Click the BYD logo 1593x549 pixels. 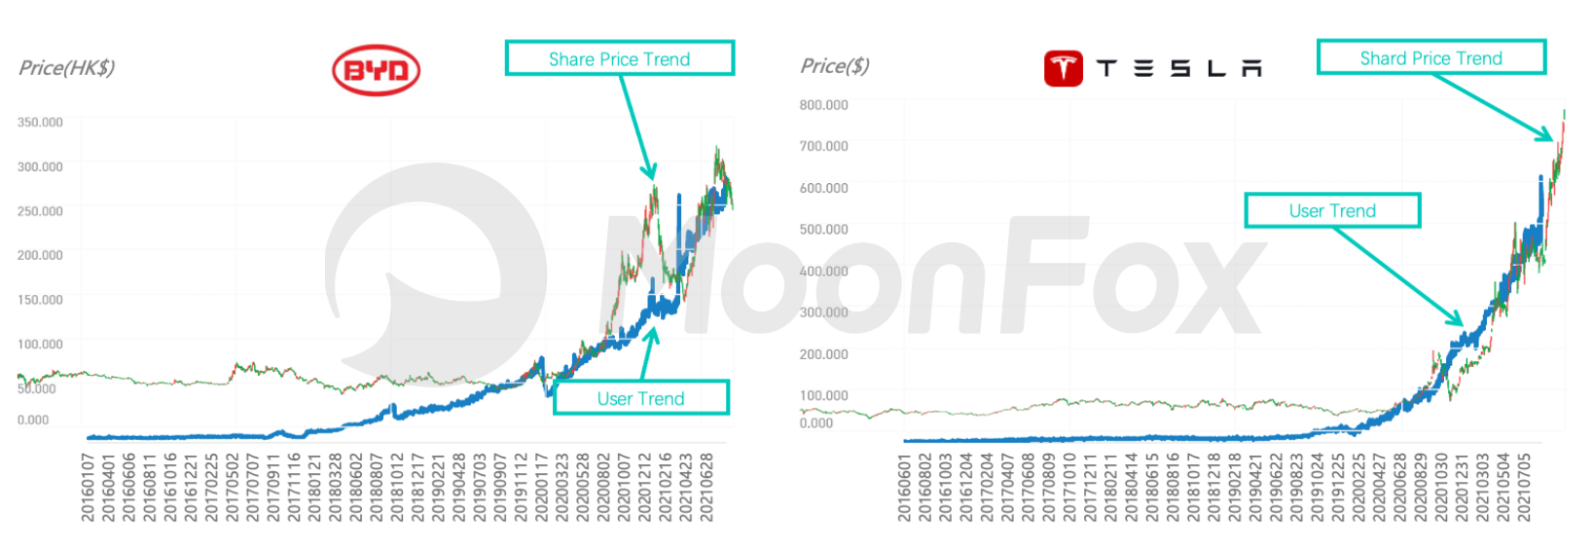click(376, 70)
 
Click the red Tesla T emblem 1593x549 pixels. click(1063, 68)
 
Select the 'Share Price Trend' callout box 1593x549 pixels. click(619, 58)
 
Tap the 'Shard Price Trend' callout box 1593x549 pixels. click(1430, 57)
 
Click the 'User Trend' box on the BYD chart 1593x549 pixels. click(640, 398)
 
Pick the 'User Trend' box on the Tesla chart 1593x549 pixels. click(1331, 210)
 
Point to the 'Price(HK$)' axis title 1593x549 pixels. click(66, 67)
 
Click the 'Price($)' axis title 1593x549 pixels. click(834, 65)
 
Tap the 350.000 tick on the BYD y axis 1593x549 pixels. click(40, 123)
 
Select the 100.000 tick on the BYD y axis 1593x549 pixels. click(40, 345)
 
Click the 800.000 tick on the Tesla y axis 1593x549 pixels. click(823, 105)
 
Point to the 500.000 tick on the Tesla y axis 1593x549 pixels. click(823, 230)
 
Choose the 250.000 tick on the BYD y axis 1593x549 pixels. click(40, 211)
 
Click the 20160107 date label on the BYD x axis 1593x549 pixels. click(88, 487)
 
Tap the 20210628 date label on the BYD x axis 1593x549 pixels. click(707, 487)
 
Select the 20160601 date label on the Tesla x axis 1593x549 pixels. click(904, 487)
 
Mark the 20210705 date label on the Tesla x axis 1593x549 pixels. click(1524, 487)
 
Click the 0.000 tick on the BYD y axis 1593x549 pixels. click(33, 421)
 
